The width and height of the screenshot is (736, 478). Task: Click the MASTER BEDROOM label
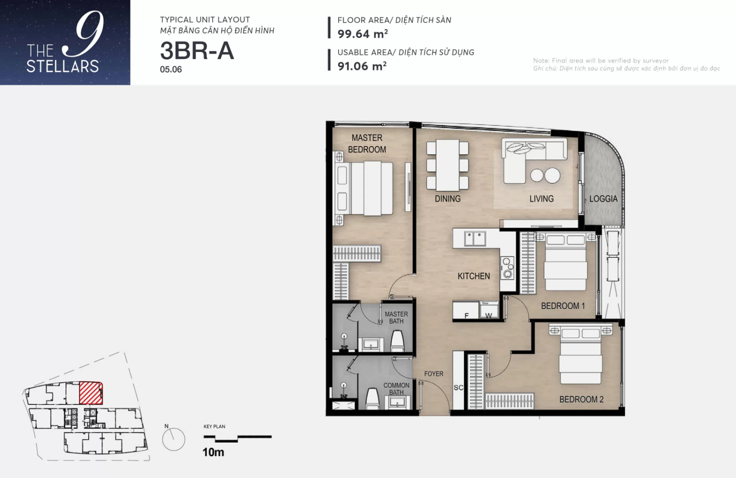(367, 143)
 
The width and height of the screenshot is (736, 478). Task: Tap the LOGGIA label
(604, 199)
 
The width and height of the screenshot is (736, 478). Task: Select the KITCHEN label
(474, 276)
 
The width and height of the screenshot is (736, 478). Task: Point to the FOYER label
(434, 373)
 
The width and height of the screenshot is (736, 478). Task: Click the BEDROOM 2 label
(581, 399)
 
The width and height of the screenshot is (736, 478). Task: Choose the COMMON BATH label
(396, 389)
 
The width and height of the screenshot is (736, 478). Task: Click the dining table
(447, 165)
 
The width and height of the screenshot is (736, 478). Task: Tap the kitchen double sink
(475, 239)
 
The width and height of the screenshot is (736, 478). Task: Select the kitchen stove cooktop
(507, 268)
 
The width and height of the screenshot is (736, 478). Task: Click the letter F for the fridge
(466, 316)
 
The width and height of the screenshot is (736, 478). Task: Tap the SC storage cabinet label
(458, 388)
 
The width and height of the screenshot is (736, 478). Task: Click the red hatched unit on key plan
(91, 393)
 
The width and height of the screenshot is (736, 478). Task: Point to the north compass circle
(174, 439)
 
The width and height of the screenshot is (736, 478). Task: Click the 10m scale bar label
(213, 452)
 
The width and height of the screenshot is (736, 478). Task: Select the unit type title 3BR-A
(197, 51)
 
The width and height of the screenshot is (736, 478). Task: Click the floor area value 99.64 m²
(363, 34)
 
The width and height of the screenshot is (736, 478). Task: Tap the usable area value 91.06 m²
(362, 66)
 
